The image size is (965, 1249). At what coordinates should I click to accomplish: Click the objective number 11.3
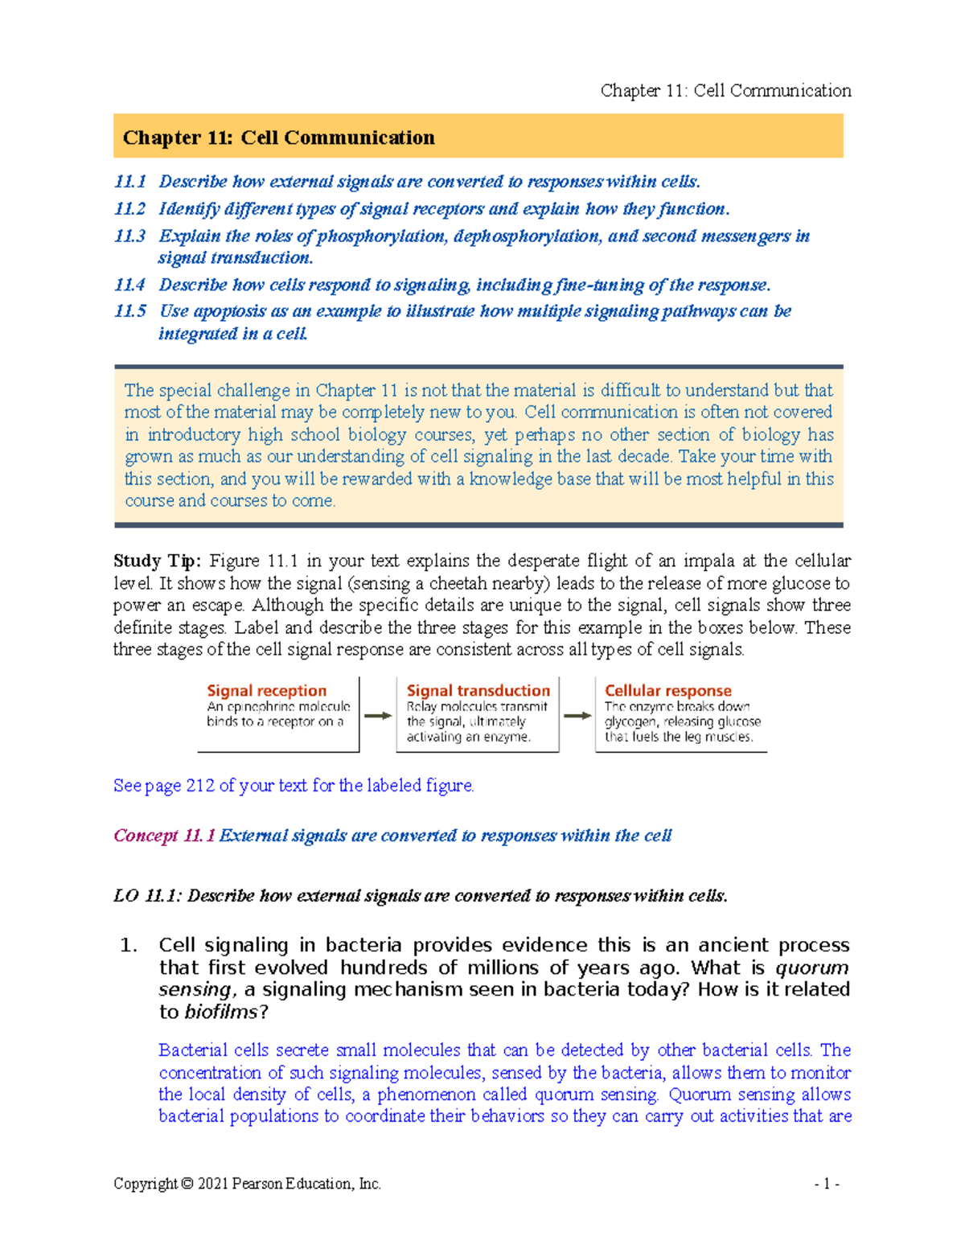point(129,236)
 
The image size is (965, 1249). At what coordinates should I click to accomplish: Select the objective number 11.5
point(129,311)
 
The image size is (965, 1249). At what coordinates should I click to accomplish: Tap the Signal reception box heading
point(266,690)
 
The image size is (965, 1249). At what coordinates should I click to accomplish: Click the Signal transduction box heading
point(478,690)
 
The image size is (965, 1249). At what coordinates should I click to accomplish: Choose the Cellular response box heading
point(667,690)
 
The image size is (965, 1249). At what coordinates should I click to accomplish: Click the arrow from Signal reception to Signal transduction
point(378,715)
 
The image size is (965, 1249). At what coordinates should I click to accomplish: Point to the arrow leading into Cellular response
point(577,715)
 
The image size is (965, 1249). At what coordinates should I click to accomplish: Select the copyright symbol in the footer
point(187,1184)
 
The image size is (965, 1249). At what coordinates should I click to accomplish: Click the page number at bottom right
point(827,1184)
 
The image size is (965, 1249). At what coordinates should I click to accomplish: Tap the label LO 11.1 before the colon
point(146,896)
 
